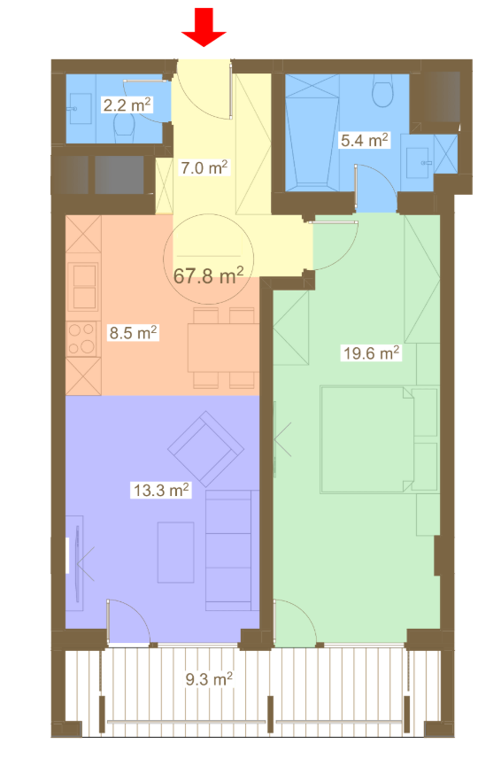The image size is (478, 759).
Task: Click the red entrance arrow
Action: click(x=204, y=27)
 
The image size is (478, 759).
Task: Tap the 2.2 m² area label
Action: click(x=127, y=105)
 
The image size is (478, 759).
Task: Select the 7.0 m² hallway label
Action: click(x=204, y=167)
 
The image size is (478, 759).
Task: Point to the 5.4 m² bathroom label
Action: click(x=365, y=141)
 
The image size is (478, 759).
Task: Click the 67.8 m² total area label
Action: click(x=208, y=275)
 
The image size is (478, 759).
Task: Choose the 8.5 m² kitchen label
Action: click(x=133, y=332)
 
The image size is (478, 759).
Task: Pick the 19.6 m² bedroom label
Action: click(x=372, y=352)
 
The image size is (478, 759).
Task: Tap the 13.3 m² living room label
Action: click(x=161, y=490)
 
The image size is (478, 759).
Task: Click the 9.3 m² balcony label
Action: click(x=209, y=678)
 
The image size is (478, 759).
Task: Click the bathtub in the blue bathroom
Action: click(x=312, y=129)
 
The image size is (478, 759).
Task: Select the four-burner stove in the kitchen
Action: click(x=82, y=339)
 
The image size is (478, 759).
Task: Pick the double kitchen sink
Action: click(x=84, y=287)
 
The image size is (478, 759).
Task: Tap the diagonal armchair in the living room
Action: click(x=205, y=449)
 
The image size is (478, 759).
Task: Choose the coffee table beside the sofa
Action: click(x=175, y=552)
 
